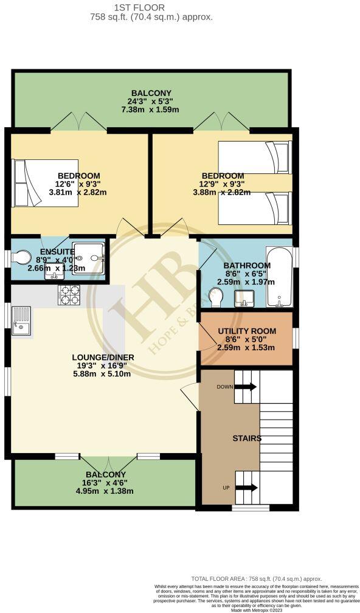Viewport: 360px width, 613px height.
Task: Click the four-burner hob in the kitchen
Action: coord(69,295)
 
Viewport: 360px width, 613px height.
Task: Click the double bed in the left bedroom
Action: coord(44,183)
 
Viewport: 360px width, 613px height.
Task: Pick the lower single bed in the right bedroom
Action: coord(255,208)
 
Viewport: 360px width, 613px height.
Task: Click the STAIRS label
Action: coord(247,438)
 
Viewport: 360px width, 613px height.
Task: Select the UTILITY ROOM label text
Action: coord(247,331)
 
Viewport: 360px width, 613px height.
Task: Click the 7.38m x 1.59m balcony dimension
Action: coord(150,109)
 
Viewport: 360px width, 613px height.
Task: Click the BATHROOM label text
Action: coord(247,266)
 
